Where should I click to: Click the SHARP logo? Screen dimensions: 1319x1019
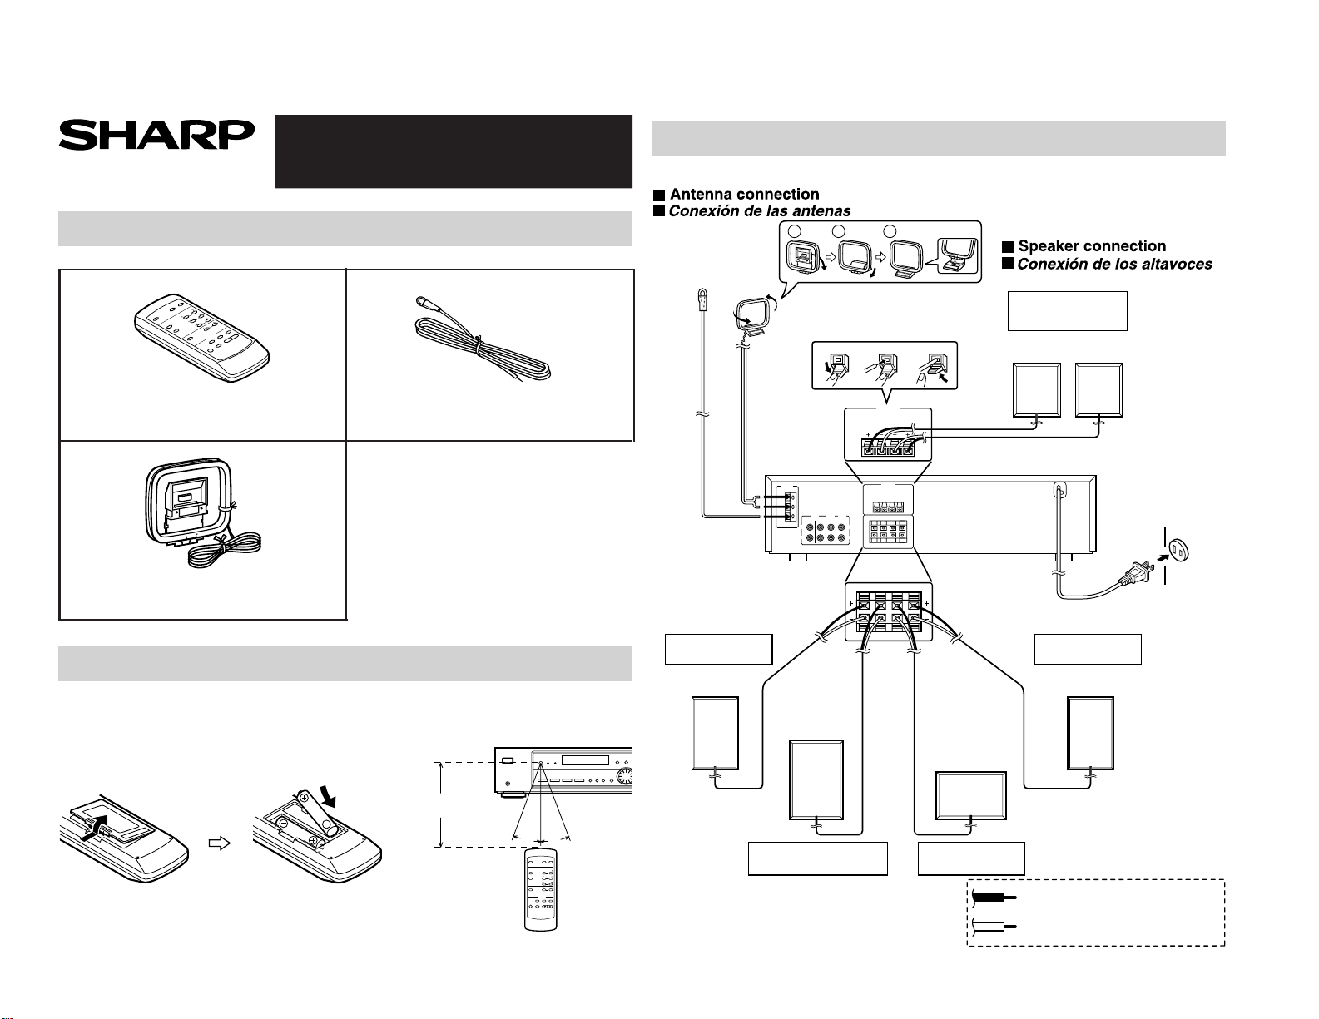pos(156,136)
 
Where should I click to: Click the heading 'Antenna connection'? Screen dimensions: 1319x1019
pos(744,194)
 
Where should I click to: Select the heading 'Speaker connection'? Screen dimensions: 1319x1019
pos(1092,245)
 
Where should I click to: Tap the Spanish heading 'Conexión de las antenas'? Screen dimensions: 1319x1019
pos(759,211)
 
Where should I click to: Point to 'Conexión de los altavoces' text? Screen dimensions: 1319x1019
pos(1114,264)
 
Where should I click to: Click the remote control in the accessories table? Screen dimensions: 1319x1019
pos(202,337)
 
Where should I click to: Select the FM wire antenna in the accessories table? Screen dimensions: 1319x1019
pos(483,339)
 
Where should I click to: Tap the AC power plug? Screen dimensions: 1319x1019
pos(1137,573)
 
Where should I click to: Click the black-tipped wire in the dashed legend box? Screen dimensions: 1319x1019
pos(994,897)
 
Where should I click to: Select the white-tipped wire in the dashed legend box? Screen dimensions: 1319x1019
pos(994,926)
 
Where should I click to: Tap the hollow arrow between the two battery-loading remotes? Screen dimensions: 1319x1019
pos(219,843)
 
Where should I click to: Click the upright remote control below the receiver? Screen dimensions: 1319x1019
pos(540,890)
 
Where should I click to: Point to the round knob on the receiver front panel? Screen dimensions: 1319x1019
pos(624,776)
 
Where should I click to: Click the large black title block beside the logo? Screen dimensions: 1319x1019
pos(453,151)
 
